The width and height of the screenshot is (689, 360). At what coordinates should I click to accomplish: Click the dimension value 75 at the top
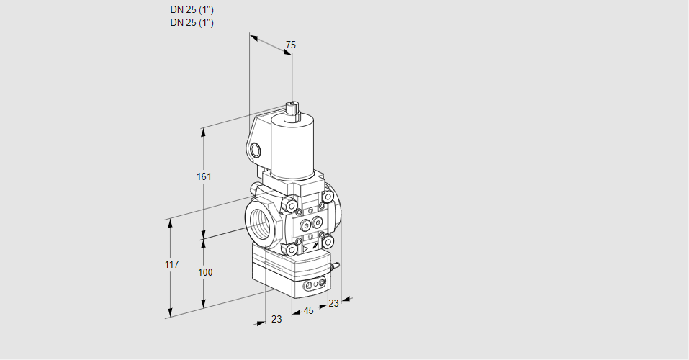(290, 45)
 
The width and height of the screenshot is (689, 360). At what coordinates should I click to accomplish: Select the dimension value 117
(171, 265)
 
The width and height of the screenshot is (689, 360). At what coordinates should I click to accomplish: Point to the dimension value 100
(205, 272)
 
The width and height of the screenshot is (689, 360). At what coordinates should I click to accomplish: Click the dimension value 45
(308, 311)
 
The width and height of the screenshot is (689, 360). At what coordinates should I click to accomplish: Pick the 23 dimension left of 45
(276, 319)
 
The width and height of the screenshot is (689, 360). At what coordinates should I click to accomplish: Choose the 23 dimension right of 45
(333, 303)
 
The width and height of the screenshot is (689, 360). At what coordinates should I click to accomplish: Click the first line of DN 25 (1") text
(192, 10)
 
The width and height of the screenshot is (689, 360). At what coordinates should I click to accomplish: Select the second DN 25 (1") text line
(192, 22)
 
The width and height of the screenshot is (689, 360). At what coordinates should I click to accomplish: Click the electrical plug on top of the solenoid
(292, 110)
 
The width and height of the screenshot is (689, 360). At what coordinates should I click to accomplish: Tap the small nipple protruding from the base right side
(334, 266)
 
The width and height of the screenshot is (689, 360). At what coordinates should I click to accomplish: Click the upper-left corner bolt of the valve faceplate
(292, 207)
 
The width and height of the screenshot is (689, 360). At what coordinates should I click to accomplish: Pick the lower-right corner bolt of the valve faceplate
(328, 242)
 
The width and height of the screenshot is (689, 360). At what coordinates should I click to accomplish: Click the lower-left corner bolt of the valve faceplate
(292, 250)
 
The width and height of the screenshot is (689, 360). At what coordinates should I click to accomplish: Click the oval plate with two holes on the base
(314, 286)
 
